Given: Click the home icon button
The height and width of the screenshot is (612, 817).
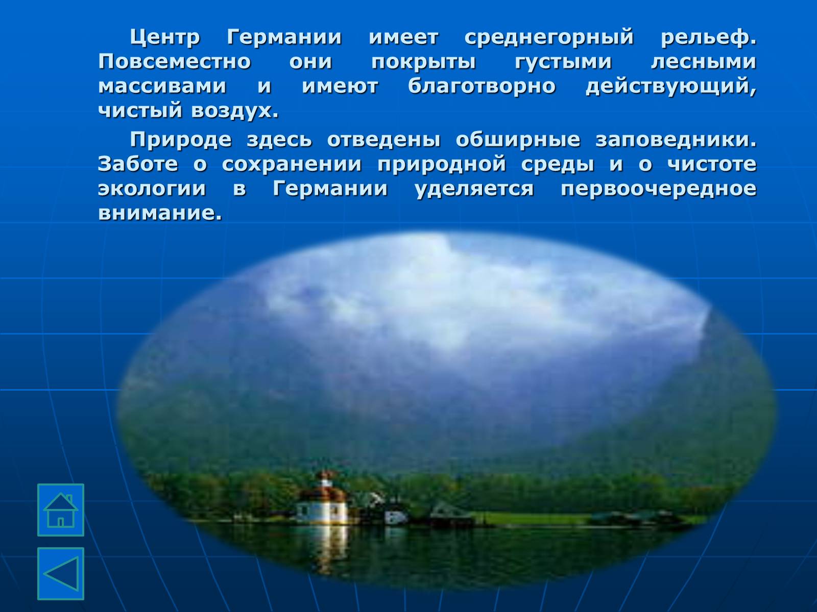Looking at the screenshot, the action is coord(61,510).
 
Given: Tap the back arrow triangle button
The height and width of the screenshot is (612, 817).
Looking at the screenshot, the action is coord(61,574).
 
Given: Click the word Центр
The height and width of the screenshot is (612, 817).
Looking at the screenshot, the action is coord(165,38).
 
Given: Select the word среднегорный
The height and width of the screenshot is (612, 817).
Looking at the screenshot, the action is coord(549,38).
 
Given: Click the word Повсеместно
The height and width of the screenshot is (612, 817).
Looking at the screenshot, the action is coord(175,61).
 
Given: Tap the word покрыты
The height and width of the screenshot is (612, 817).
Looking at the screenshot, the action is coord(424,62).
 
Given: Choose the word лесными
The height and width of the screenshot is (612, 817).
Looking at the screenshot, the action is coord(704,61).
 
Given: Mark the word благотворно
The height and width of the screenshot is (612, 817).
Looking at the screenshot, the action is coord(482,86).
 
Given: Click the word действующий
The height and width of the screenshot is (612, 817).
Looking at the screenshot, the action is coord(671,86).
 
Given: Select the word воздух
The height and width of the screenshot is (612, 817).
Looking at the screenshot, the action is coord(235,111).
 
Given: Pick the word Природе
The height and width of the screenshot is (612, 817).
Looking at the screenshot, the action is coord(181,140).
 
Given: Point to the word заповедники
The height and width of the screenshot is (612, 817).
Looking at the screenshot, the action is coord(676,140).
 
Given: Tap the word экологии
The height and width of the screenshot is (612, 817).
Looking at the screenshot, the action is coord(152,189).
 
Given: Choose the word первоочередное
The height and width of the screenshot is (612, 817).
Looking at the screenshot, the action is coord(659,189).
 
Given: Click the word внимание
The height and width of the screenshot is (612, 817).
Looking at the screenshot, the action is coord(160,213).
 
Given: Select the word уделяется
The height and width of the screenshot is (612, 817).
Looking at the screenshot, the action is coord(474,189).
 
